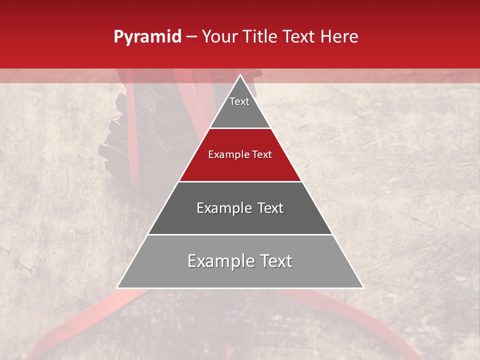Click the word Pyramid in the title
147,37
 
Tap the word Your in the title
218,37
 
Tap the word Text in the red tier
260,155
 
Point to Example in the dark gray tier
223,208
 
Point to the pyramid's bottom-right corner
363,287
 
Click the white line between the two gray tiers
240,234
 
